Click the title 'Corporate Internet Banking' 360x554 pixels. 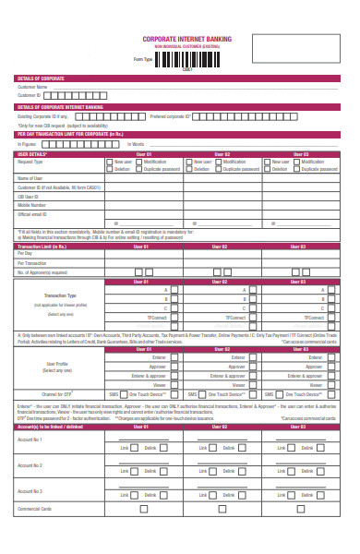pyautogui.click(x=187, y=40)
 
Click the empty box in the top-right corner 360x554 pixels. pyautogui.click(x=289, y=49)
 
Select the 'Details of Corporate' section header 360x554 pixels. pyautogui.click(x=41, y=79)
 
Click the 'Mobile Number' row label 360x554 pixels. pyautogui.click(x=32, y=205)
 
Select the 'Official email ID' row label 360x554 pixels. pyautogui.click(x=34, y=213)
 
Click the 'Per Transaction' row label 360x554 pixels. pyautogui.click(x=32, y=263)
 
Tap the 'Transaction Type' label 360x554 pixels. pyautogui.click(x=60, y=295)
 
